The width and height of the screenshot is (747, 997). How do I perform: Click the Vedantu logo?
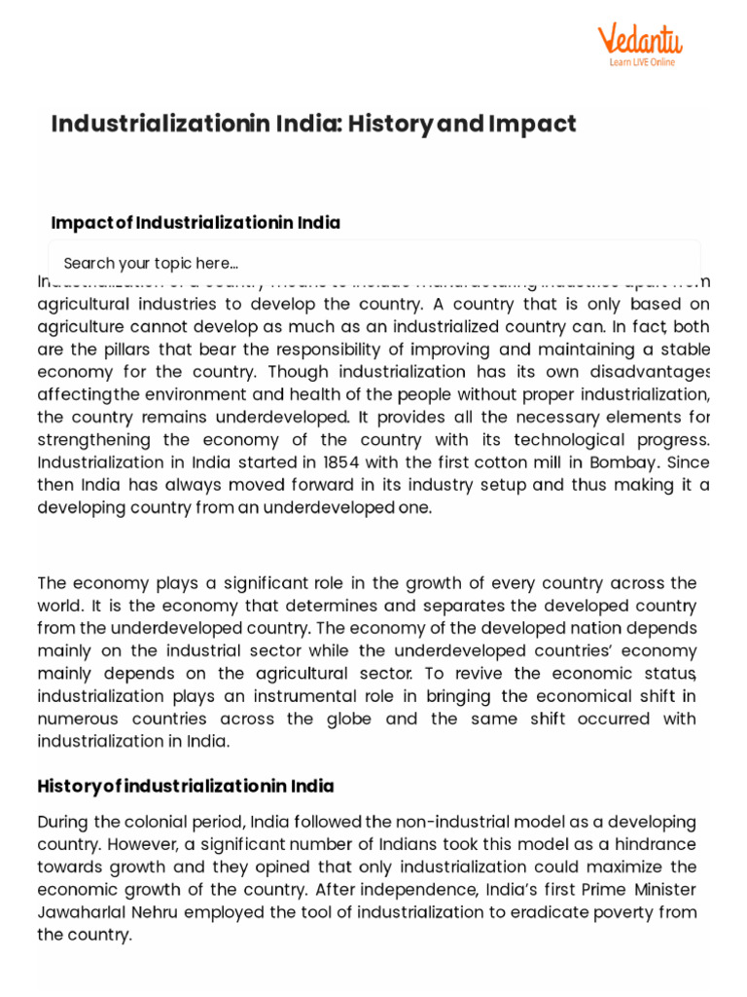point(639,40)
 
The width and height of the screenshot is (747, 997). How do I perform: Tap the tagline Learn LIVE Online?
point(642,62)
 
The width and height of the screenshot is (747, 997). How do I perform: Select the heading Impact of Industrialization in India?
point(196,223)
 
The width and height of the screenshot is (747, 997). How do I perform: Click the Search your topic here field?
point(374,264)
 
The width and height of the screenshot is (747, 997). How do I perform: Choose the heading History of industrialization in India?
point(186,786)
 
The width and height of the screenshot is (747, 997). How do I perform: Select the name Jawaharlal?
point(86,912)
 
